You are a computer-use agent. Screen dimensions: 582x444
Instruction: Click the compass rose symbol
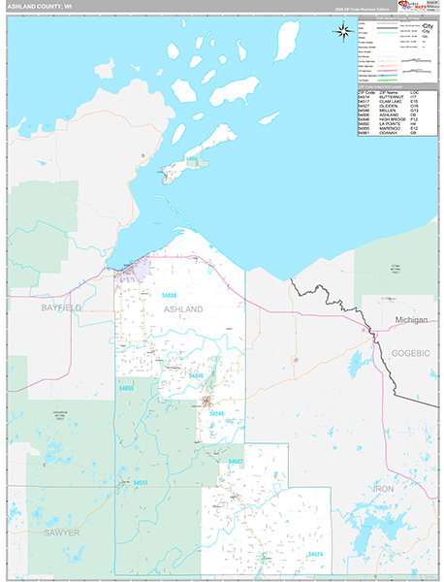[343, 31]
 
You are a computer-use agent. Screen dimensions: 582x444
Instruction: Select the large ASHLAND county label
[182, 308]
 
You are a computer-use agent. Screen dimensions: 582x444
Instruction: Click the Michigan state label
[411, 319]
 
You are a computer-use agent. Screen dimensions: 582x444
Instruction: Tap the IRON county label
[385, 489]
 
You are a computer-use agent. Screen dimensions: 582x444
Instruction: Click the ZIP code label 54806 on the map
[170, 295]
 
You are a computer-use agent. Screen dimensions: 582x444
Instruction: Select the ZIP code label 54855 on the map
[126, 388]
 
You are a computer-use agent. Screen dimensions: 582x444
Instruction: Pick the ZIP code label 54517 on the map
[142, 482]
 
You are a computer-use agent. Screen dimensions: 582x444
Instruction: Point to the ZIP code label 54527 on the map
[236, 462]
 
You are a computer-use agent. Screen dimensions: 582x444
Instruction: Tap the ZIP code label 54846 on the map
[197, 375]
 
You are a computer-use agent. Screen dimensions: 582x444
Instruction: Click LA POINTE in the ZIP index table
[392, 124]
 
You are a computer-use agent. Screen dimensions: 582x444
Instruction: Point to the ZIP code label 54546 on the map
[217, 413]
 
